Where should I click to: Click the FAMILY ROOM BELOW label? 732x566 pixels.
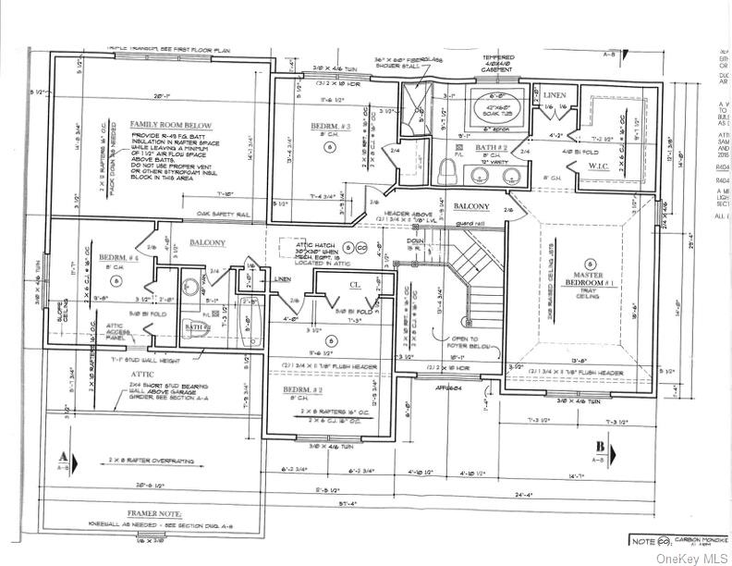click(170, 125)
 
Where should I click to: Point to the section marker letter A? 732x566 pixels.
click(62, 455)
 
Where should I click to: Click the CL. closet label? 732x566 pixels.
click(354, 288)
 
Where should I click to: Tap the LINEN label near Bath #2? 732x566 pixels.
click(554, 95)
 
